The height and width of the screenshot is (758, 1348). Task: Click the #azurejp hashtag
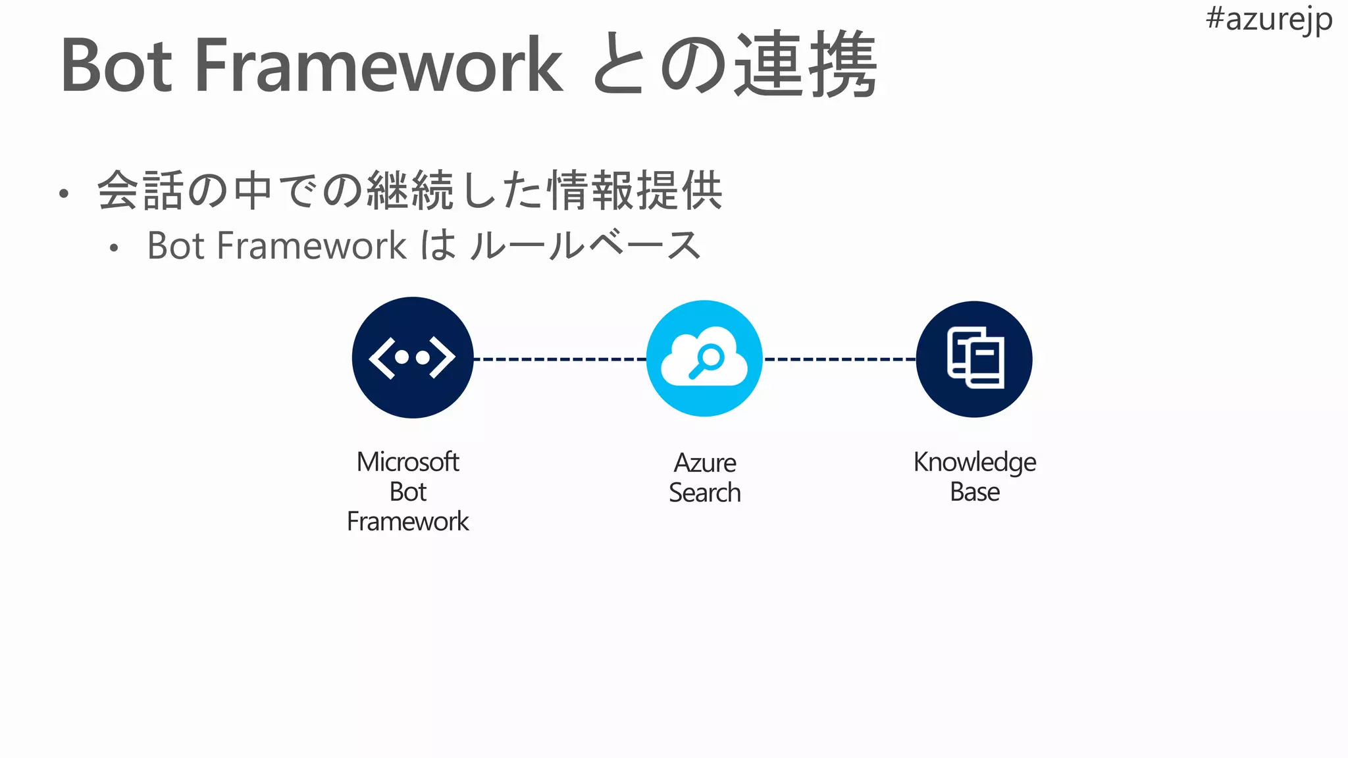1268,20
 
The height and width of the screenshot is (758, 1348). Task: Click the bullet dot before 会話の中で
63,193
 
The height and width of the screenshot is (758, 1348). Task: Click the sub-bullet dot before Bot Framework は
114,248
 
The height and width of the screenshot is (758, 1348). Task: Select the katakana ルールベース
586,245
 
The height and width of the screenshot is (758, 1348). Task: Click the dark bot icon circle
413,357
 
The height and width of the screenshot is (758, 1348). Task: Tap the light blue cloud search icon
704,359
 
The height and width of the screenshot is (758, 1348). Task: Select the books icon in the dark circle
975,358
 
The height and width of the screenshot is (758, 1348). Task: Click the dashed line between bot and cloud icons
559,359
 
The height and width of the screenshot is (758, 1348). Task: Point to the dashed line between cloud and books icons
839,359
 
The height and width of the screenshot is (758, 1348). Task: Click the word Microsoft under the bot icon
407,462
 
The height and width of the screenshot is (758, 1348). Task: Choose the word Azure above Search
704,463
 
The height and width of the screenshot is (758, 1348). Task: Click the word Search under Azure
704,493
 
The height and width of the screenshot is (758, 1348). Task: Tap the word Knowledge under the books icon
974,463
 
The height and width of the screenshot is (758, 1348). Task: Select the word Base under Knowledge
974,492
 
